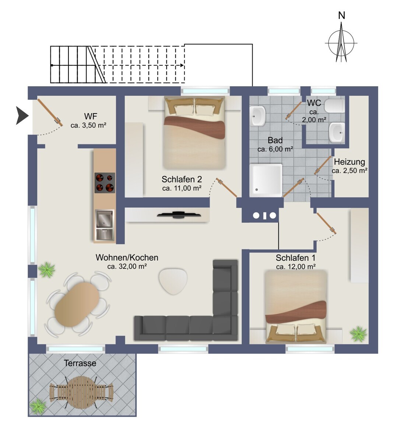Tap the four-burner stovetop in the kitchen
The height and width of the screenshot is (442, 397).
[x=105, y=183]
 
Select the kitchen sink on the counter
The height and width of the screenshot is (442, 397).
[x=105, y=224]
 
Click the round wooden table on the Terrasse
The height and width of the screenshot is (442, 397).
[x=81, y=392]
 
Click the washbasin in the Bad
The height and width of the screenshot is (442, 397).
[x=258, y=116]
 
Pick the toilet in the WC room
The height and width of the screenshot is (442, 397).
[x=335, y=106]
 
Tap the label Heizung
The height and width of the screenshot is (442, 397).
[x=349, y=162]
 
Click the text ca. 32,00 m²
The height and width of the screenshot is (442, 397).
[x=127, y=266]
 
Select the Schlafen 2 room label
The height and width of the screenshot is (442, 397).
[x=182, y=179]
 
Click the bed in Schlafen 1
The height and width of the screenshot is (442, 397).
[x=296, y=306]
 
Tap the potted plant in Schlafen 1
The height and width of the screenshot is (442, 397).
[x=358, y=334]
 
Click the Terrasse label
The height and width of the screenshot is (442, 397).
[x=80, y=363]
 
